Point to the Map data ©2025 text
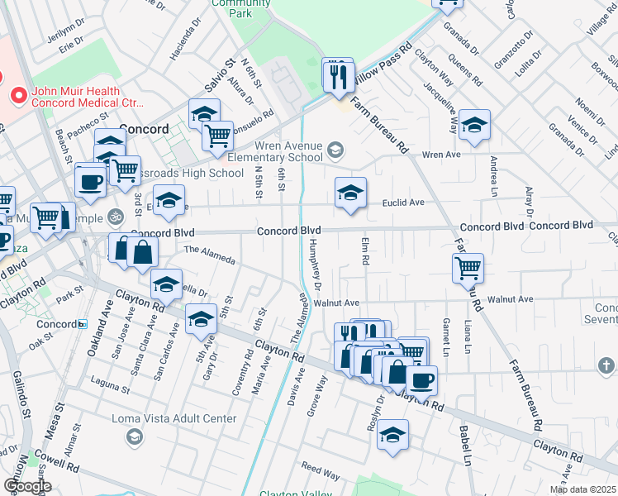click(x=583, y=489)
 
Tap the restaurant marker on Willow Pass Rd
click(x=338, y=76)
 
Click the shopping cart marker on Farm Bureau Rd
click(x=468, y=268)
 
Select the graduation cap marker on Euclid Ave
click(x=350, y=194)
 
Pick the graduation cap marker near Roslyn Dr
click(x=393, y=435)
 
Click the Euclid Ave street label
click(x=402, y=203)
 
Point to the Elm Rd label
click(x=364, y=251)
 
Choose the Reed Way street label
click(x=321, y=472)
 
